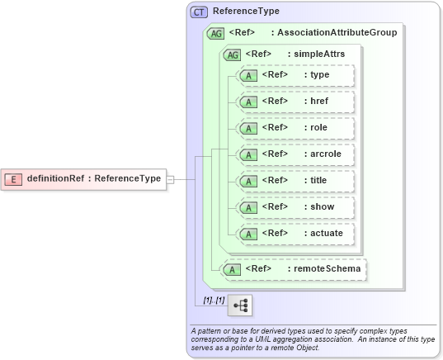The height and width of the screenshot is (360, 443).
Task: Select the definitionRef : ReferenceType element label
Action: click(x=93, y=178)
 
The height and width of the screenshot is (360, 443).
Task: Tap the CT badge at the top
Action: click(x=199, y=12)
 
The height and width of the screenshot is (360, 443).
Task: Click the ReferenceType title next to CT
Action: click(x=246, y=12)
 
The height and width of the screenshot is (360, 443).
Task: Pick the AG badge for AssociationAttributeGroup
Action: click(x=216, y=33)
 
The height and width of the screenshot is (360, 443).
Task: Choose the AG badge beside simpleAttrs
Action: click(x=233, y=54)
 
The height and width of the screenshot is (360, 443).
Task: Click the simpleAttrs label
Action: click(x=315, y=54)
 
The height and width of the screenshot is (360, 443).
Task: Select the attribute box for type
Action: click(x=295, y=75)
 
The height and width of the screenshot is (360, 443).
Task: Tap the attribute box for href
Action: click(x=295, y=102)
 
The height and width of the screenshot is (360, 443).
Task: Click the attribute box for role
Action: click(x=295, y=128)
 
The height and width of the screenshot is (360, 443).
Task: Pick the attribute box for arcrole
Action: click(x=295, y=154)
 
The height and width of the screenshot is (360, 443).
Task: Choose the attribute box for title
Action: click(x=295, y=181)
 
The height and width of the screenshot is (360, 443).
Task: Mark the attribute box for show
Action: click(x=295, y=207)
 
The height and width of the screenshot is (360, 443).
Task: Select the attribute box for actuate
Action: click(x=295, y=234)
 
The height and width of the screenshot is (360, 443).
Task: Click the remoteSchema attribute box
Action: click(x=294, y=268)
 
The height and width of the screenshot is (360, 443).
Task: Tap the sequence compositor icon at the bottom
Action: click(x=240, y=306)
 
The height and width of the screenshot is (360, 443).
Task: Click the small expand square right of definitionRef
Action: click(x=170, y=178)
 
